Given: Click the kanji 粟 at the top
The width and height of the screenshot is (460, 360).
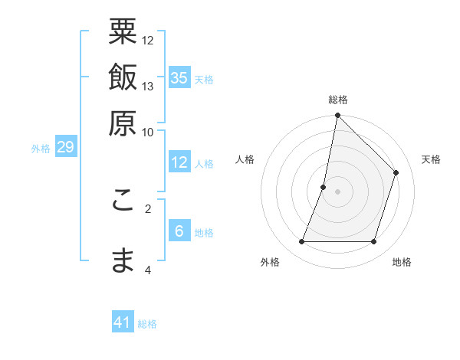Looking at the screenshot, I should pyautogui.click(x=123, y=33).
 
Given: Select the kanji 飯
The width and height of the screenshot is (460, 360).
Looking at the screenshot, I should pyautogui.click(x=123, y=77).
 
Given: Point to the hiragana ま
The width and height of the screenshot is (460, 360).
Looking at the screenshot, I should pyautogui.click(x=123, y=260).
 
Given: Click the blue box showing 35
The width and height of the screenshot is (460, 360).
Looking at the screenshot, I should pyautogui.click(x=179, y=77).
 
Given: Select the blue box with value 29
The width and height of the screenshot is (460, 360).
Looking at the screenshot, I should pyautogui.click(x=65, y=147).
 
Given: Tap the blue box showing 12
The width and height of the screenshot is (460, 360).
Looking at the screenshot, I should pyautogui.click(x=179, y=162).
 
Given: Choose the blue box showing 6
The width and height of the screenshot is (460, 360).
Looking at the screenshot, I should pyautogui.click(x=179, y=231).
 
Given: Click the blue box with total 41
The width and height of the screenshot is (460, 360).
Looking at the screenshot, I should pyautogui.click(x=123, y=322).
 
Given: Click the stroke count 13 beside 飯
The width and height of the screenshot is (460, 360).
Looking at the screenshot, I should pyautogui.click(x=148, y=86).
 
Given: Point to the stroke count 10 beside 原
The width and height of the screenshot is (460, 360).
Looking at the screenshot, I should pyautogui.click(x=148, y=131).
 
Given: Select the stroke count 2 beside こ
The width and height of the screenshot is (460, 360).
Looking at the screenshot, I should pyautogui.click(x=148, y=208).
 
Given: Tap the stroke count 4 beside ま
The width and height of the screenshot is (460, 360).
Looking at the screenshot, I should pyautogui.click(x=148, y=270).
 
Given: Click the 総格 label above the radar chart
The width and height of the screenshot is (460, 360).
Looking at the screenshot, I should pyautogui.click(x=338, y=100).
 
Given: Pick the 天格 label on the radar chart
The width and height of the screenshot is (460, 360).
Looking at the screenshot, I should pyautogui.click(x=431, y=159).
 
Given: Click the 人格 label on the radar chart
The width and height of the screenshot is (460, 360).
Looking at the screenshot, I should pyautogui.click(x=245, y=159).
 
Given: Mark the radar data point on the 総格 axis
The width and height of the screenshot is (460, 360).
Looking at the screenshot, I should pyautogui.click(x=337, y=116).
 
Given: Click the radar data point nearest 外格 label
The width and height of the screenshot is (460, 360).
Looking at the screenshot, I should pyautogui.click(x=301, y=242).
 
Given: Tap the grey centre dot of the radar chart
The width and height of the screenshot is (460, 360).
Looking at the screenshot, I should pyautogui.click(x=337, y=191).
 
